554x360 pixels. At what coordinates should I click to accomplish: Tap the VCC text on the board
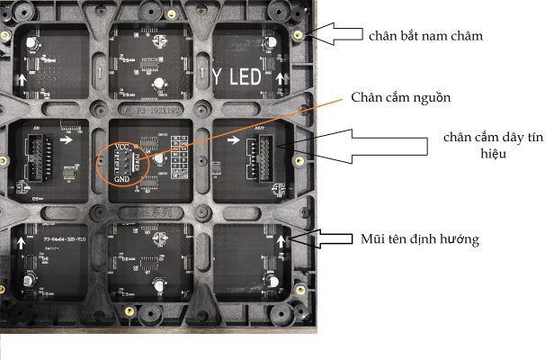click(123, 147)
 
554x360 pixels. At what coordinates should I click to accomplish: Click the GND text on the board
click(123, 178)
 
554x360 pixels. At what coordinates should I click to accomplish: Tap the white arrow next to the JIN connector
click(69, 139)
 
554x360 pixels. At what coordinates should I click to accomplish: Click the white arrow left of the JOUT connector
click(235, 139)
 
